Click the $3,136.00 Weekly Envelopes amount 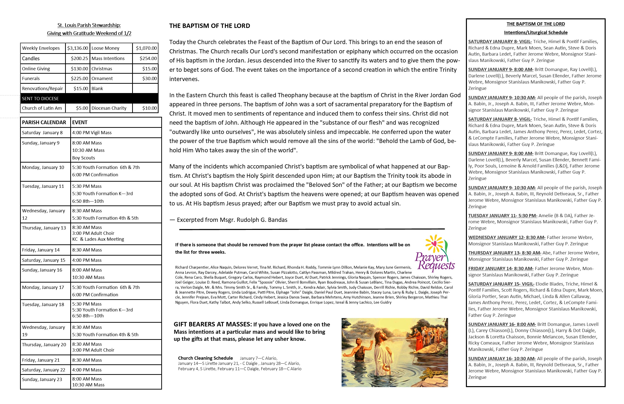pos(78,48)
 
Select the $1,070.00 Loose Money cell pos(146,48)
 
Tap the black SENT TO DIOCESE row pos(89,99)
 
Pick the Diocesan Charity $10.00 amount pos(149,108)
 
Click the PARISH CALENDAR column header pos(44,122)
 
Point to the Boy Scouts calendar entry pos(84,158)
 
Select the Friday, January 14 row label pos(41,250)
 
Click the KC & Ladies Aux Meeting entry pos(98,239)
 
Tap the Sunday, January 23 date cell pos(42,380)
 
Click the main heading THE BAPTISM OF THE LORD pos(209,26)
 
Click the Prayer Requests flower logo pos(435,253)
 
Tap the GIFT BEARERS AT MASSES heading pos(213,324)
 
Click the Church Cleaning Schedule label pos(205,358)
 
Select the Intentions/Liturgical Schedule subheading pos(536,33)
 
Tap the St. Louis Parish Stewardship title pos(89,25)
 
